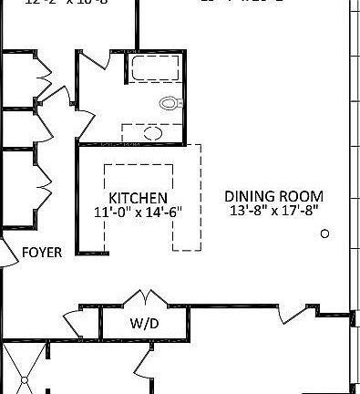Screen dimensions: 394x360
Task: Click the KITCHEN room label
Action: [x=138, y=198]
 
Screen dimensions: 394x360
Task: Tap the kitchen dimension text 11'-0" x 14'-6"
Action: [x=138, y=213]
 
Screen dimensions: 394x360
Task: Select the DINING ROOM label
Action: [x=273, y=196]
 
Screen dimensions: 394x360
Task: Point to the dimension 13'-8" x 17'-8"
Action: [x=273, y=211]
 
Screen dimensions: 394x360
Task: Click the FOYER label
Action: [x=42, y=253]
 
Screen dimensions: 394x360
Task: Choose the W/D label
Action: [x=143, y=322]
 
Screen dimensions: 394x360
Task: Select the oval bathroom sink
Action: [x=153, y=133]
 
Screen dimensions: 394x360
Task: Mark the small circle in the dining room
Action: [x=324, y=234]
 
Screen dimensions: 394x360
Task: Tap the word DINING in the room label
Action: [x=249, y=196]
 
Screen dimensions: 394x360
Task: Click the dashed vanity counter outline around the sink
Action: [x=153, y=134]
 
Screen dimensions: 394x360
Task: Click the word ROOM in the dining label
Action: [x=300, y=196]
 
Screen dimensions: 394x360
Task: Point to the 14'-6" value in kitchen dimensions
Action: [x=162, y=213]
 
